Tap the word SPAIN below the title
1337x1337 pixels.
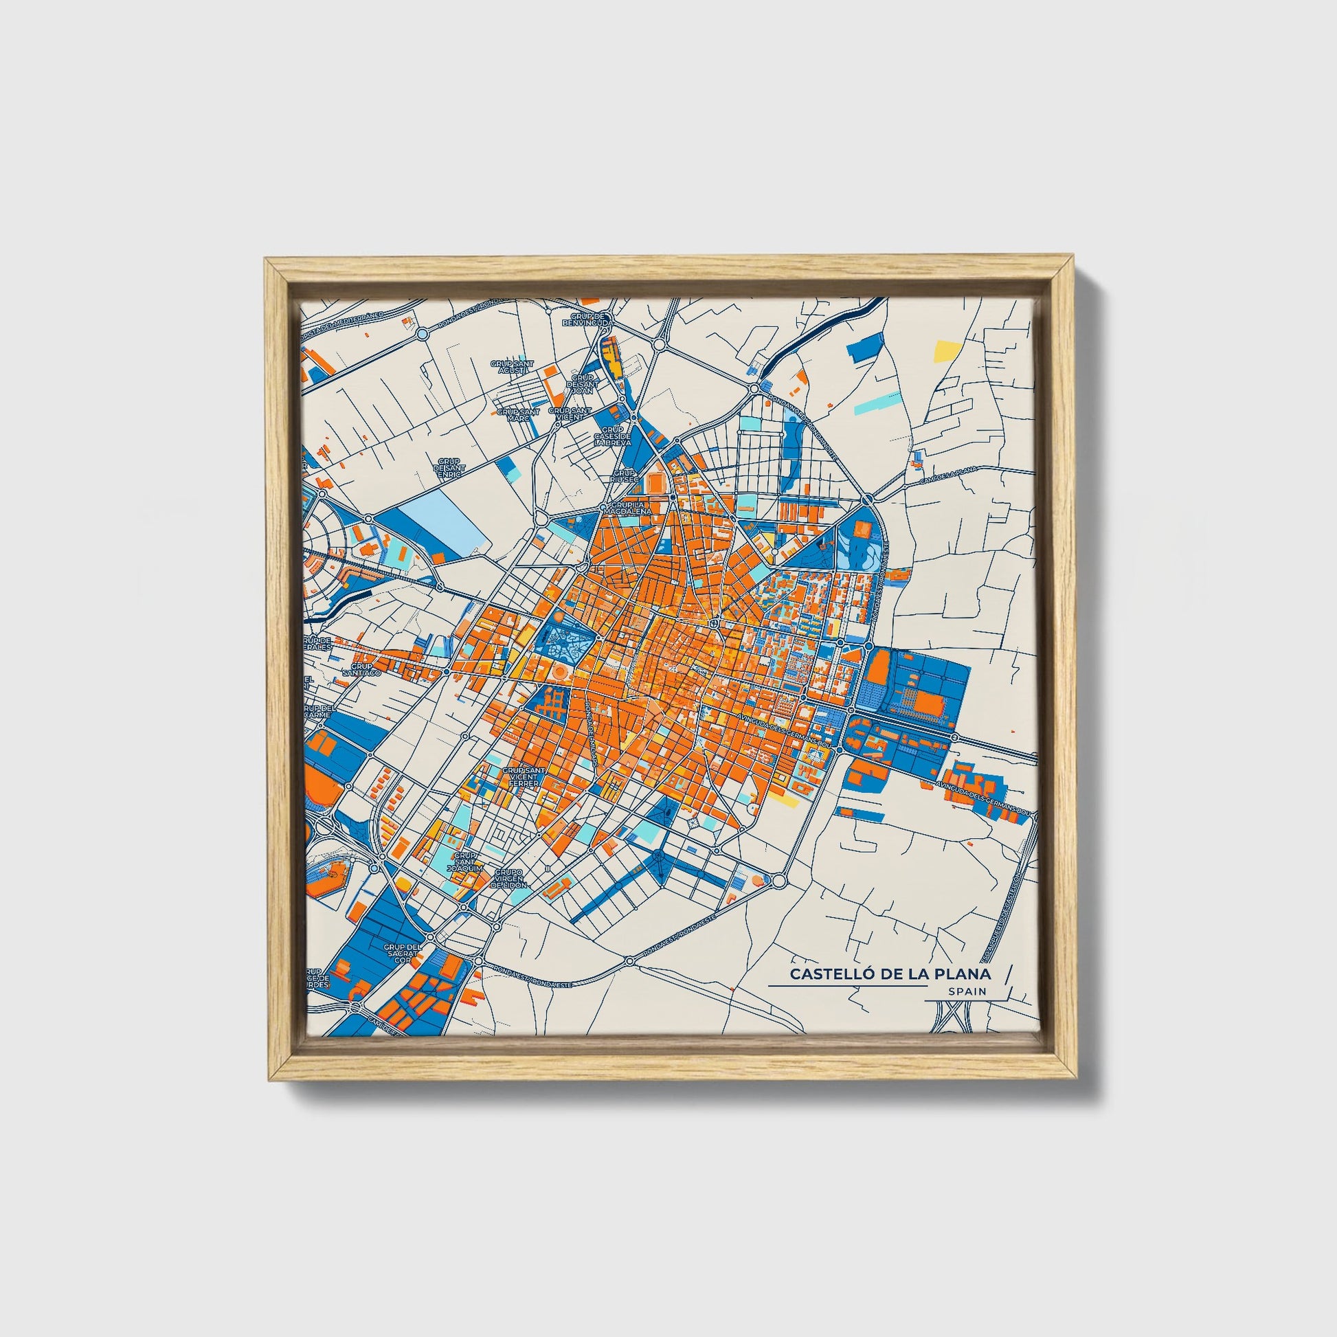[x=967, y=991]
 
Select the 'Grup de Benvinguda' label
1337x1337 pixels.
[x=587, y=319]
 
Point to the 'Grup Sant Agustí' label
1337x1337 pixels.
[x=512, y=367]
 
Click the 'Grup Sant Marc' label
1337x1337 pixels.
[x=517, y=414]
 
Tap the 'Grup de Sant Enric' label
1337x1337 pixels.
[x=449, y=464]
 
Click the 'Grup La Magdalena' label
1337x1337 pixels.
[x=627, y=508]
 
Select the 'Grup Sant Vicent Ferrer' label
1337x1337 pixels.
[x=524, y=777]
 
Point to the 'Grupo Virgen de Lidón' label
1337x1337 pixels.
[x=509, y=878]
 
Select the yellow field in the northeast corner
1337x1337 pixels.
[x=945, y=352]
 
